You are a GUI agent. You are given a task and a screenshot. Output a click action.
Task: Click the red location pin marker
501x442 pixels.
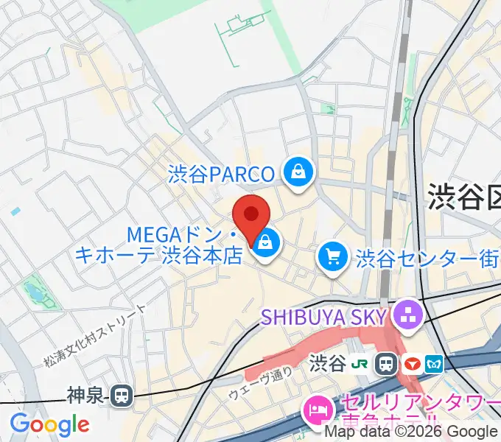pyautogui.click(x=251, y=217)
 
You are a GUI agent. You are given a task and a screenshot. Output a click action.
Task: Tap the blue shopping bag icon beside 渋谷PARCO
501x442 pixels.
pyautogui.click(x=298, y=173)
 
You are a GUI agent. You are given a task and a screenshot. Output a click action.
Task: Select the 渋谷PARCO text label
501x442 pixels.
pyautogui.click(x=221, y=174)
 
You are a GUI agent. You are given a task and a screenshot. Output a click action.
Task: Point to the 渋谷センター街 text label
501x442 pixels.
pyautogui.click(x=427, y=258)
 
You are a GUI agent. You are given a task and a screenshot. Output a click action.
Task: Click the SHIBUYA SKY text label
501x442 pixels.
pyautogui.click(x=323, y=318)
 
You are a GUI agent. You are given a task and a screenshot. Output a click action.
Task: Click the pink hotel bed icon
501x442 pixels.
pyautogui.click(x=318, y=407)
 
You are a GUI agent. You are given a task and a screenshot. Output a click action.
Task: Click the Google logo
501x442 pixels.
pyautogui.click(x=49, y=424)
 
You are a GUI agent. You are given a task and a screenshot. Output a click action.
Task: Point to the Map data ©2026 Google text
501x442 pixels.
pyautogui.click(x=410, y=432)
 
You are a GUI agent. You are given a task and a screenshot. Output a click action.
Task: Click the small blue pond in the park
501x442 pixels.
pyautogui.click(x=34, y=294)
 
